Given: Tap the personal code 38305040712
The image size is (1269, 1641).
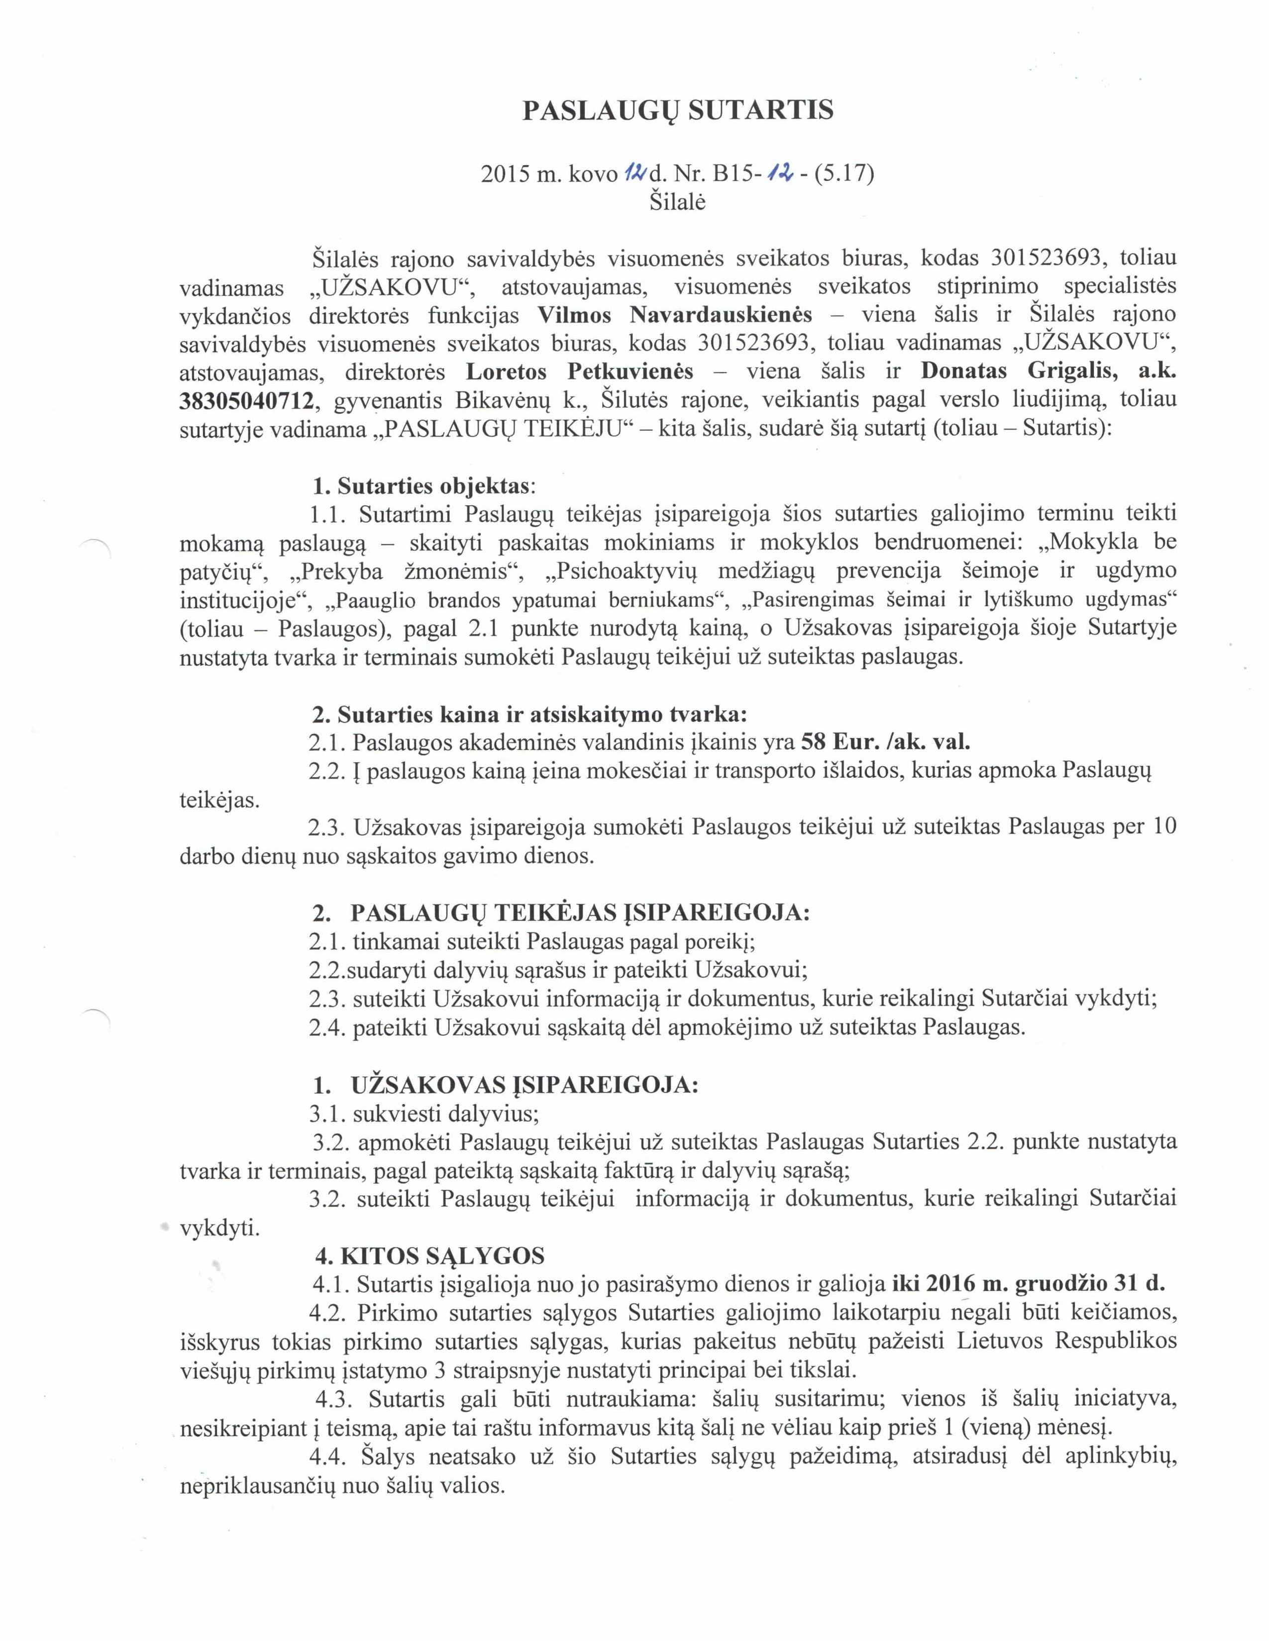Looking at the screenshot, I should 246,400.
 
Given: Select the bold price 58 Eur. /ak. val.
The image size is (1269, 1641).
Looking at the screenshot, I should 886,743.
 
